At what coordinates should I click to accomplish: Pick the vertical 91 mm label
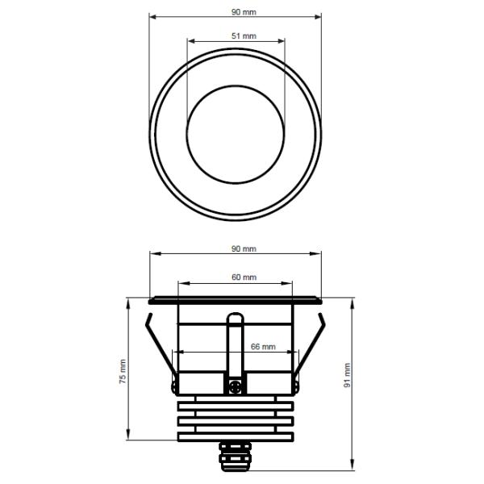click(x=348, y=375)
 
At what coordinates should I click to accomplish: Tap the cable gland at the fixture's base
click(x=236, y=456)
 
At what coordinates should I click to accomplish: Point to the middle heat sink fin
click(x=236, y=420)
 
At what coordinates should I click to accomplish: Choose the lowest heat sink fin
click(x=236, y=436)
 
